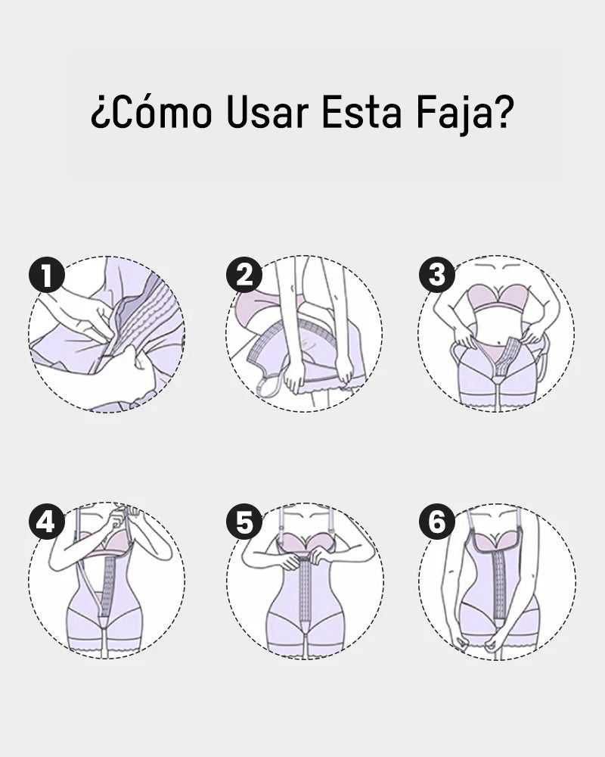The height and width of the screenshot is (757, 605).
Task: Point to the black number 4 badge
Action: tap(47, 522)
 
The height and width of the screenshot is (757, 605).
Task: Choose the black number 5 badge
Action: tap(244, 522)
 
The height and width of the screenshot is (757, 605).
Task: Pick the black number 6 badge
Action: tap(437, 522)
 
